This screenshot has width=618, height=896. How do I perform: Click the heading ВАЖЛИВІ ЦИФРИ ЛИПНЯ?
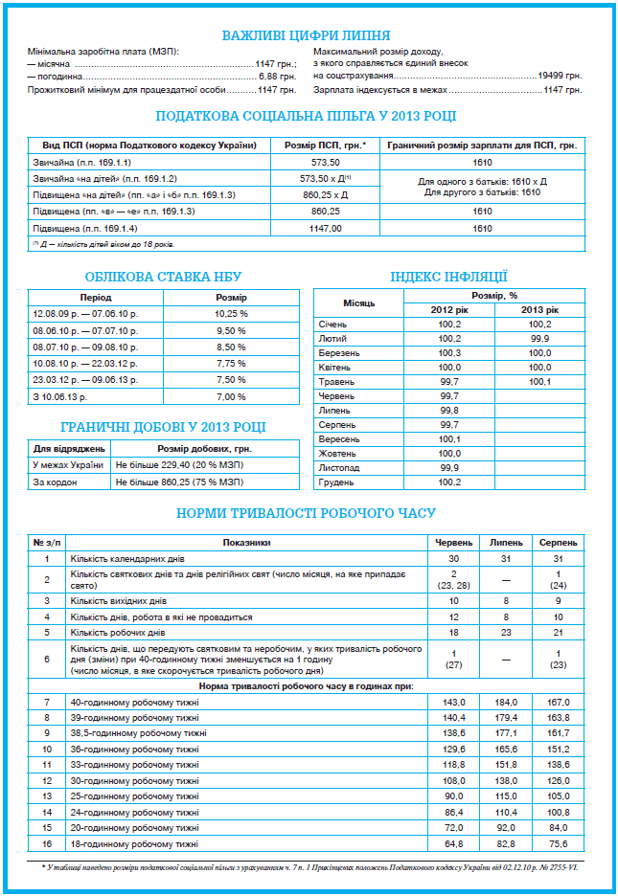(306, 35)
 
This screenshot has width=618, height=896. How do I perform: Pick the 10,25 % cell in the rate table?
(232, 313)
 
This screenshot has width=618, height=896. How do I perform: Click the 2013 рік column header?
(539, 309)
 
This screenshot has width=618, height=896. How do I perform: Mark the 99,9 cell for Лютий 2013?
(539, 338)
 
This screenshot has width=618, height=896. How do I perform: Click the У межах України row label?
(68, 464)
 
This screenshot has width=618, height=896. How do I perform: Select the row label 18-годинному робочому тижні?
(134, 843)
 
